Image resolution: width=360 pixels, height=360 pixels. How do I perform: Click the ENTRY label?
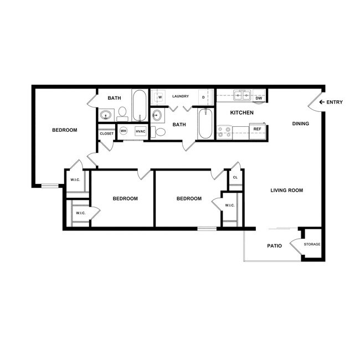click(335, 102)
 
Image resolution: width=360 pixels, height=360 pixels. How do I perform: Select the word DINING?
click(300, 124)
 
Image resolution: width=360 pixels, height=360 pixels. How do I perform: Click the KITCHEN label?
click(241, 112)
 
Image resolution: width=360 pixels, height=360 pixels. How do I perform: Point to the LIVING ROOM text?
click(286, 191)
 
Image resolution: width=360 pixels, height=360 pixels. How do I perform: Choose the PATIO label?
click(274, 245)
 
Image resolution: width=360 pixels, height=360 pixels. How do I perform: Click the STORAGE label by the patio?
click(312, 244)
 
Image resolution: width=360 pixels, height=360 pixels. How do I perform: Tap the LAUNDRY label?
click(181, 96)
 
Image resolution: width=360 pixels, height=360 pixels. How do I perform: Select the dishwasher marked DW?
click(259, 99)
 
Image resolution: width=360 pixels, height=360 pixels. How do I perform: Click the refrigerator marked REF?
click(257, 129)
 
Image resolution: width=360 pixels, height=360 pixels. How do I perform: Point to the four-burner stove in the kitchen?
click(224, 132)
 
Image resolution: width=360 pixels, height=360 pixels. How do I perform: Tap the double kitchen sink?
click(242, 95)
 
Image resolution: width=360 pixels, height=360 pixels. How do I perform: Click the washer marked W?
click(160, 97)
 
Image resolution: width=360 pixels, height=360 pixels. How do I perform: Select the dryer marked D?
click(203, 97)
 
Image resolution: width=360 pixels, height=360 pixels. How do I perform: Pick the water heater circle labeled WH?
click(124, 131)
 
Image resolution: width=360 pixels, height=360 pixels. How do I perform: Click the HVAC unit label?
click(140, 131)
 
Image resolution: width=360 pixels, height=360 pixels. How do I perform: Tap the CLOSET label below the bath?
click(106, 133)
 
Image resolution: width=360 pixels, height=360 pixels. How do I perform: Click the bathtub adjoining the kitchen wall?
click(205, 124)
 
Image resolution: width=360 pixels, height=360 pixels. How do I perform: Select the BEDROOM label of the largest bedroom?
click(64, 130)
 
